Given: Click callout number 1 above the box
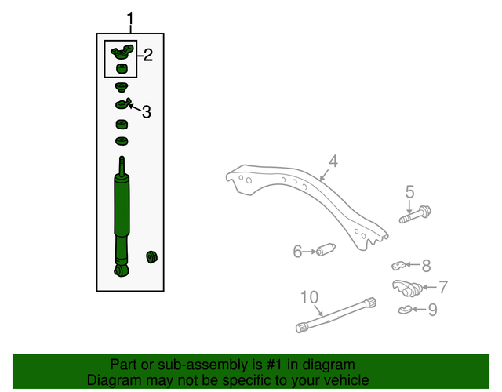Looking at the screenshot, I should (x=130, y=19).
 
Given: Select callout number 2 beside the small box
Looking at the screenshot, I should (x=147, y=55).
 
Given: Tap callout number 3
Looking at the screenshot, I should (x=147, y=112).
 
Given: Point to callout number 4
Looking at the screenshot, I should (x=333, y=162).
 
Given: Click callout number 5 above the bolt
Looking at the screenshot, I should (x=409, y=191).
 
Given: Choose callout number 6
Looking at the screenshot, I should (x=298, y=252).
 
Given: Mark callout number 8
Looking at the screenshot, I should (x=426, y=266).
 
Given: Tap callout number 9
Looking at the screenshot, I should (x=432, y=310).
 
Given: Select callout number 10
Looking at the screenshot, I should (x=309, y=296).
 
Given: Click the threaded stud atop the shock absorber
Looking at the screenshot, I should (x=122, y=165).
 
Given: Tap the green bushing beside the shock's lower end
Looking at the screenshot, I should (x=152, y=256).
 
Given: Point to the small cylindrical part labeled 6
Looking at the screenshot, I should (x=326, y=250).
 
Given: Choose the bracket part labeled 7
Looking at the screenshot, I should (x=407, y=286).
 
